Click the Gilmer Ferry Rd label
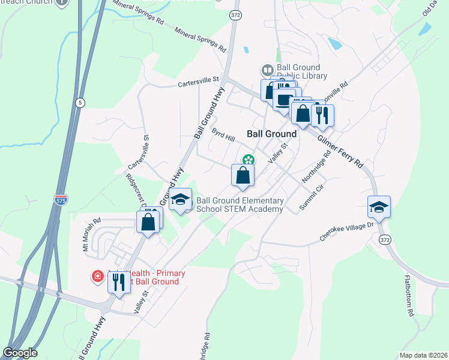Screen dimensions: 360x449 tap(341, 151)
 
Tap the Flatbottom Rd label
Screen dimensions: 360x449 tap(410, 296)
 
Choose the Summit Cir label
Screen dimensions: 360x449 tap(312, 197)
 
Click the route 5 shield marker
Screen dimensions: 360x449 tap(80, 103)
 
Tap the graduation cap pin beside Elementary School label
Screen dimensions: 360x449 tap(180, 200)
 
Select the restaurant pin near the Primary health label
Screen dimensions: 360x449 tap(119, 281)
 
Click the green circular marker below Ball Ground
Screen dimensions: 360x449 tap(247, 160)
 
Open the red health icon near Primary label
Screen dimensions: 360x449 tap(97, 277)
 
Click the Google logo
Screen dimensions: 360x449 tap(20, 353)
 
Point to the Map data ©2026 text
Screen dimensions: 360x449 tap(423, 355)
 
